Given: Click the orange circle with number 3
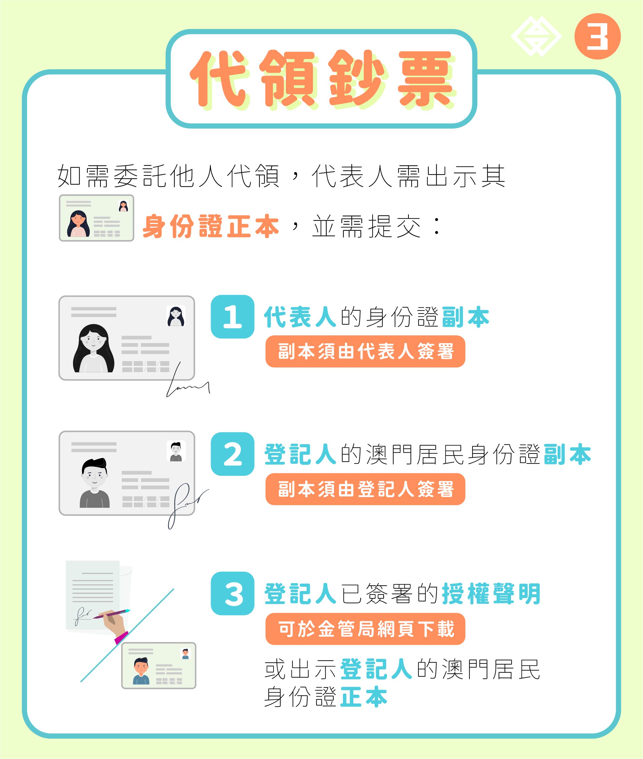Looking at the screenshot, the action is [597, 36].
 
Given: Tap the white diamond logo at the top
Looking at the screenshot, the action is [536, 36].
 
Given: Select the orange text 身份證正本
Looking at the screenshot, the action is [211, 226].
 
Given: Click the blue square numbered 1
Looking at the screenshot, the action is [233, 317].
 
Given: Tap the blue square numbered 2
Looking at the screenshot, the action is [233, 454].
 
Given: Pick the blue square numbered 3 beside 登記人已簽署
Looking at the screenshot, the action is [233, 593].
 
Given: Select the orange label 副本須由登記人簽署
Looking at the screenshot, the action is [365, 489].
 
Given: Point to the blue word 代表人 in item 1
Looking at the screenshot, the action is [300, 317].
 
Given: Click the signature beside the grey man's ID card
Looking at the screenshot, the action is [188, 505].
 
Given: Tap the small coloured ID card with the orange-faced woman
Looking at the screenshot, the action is [97, 218].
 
